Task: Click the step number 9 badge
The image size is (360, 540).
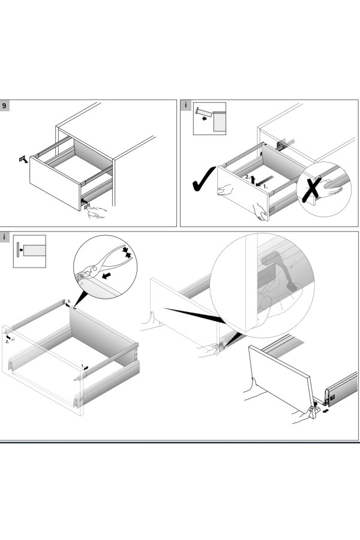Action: [5, 106]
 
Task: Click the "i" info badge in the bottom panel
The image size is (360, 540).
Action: [5, 237]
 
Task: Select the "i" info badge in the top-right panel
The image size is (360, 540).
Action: [186, 106]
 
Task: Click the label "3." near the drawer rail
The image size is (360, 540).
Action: [69, 300]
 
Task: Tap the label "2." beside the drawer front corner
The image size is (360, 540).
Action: [7, 341]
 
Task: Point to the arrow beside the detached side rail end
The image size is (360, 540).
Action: [326, 410]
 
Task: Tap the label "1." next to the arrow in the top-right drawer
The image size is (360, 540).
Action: [265, 187]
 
